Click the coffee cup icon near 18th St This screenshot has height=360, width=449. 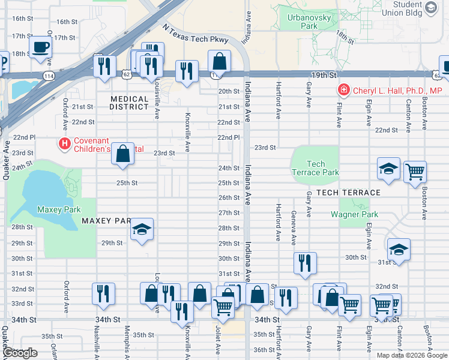[40, 46]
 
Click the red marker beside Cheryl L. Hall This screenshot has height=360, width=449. [343, 91]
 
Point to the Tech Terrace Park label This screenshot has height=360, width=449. [315, 168]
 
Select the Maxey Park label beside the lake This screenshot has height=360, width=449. [54, 209]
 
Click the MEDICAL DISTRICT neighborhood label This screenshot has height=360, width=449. [129, 103]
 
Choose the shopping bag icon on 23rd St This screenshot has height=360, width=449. [123, 154]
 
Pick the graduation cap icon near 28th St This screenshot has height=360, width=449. [142, 229]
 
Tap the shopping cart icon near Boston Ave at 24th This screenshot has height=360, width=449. [415, 172]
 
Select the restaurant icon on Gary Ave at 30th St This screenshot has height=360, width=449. [306, 262]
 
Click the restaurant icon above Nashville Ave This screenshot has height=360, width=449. [104, 293]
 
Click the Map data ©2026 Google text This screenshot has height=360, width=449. [411, 355]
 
